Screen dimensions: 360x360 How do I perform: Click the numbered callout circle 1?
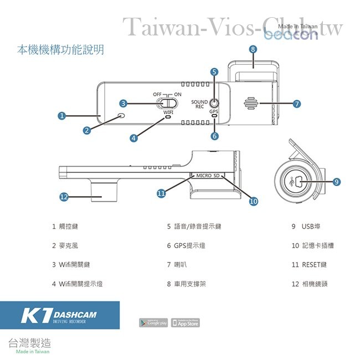pyautogui.click(x=62, y=116)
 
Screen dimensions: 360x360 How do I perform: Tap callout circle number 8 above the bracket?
pyautogui.click(x=253, y=49)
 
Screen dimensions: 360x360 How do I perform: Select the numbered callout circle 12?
pyautogui.click(x=64, y=197)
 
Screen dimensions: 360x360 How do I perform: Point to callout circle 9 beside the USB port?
pyautogui.click(x=337, y=181)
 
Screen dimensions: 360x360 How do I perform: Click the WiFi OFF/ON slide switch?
pyautogui.click(x=164, y=103)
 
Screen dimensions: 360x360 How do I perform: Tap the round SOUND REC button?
pyautogui.click(x=214, y=102)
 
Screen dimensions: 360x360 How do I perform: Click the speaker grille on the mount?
pyautogui.click(x=251, y=103)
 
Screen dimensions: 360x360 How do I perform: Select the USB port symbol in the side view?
pyautogui.click(x=297, y=181)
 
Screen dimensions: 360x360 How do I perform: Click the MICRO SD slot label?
pyautogui.click(x=208, y=175)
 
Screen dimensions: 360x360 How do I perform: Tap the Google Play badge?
pyautogui.click(x=153, y=322)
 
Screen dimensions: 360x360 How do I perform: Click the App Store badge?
pyautogui.click(x=185, y=322)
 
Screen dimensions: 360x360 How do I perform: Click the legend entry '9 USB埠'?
pyautogui.click(x=306, y=227)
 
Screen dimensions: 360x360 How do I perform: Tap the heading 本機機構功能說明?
pyautogui.click(x=60, y=50)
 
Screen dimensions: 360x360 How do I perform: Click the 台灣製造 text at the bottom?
pyautogui.click(x=28, y=342)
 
